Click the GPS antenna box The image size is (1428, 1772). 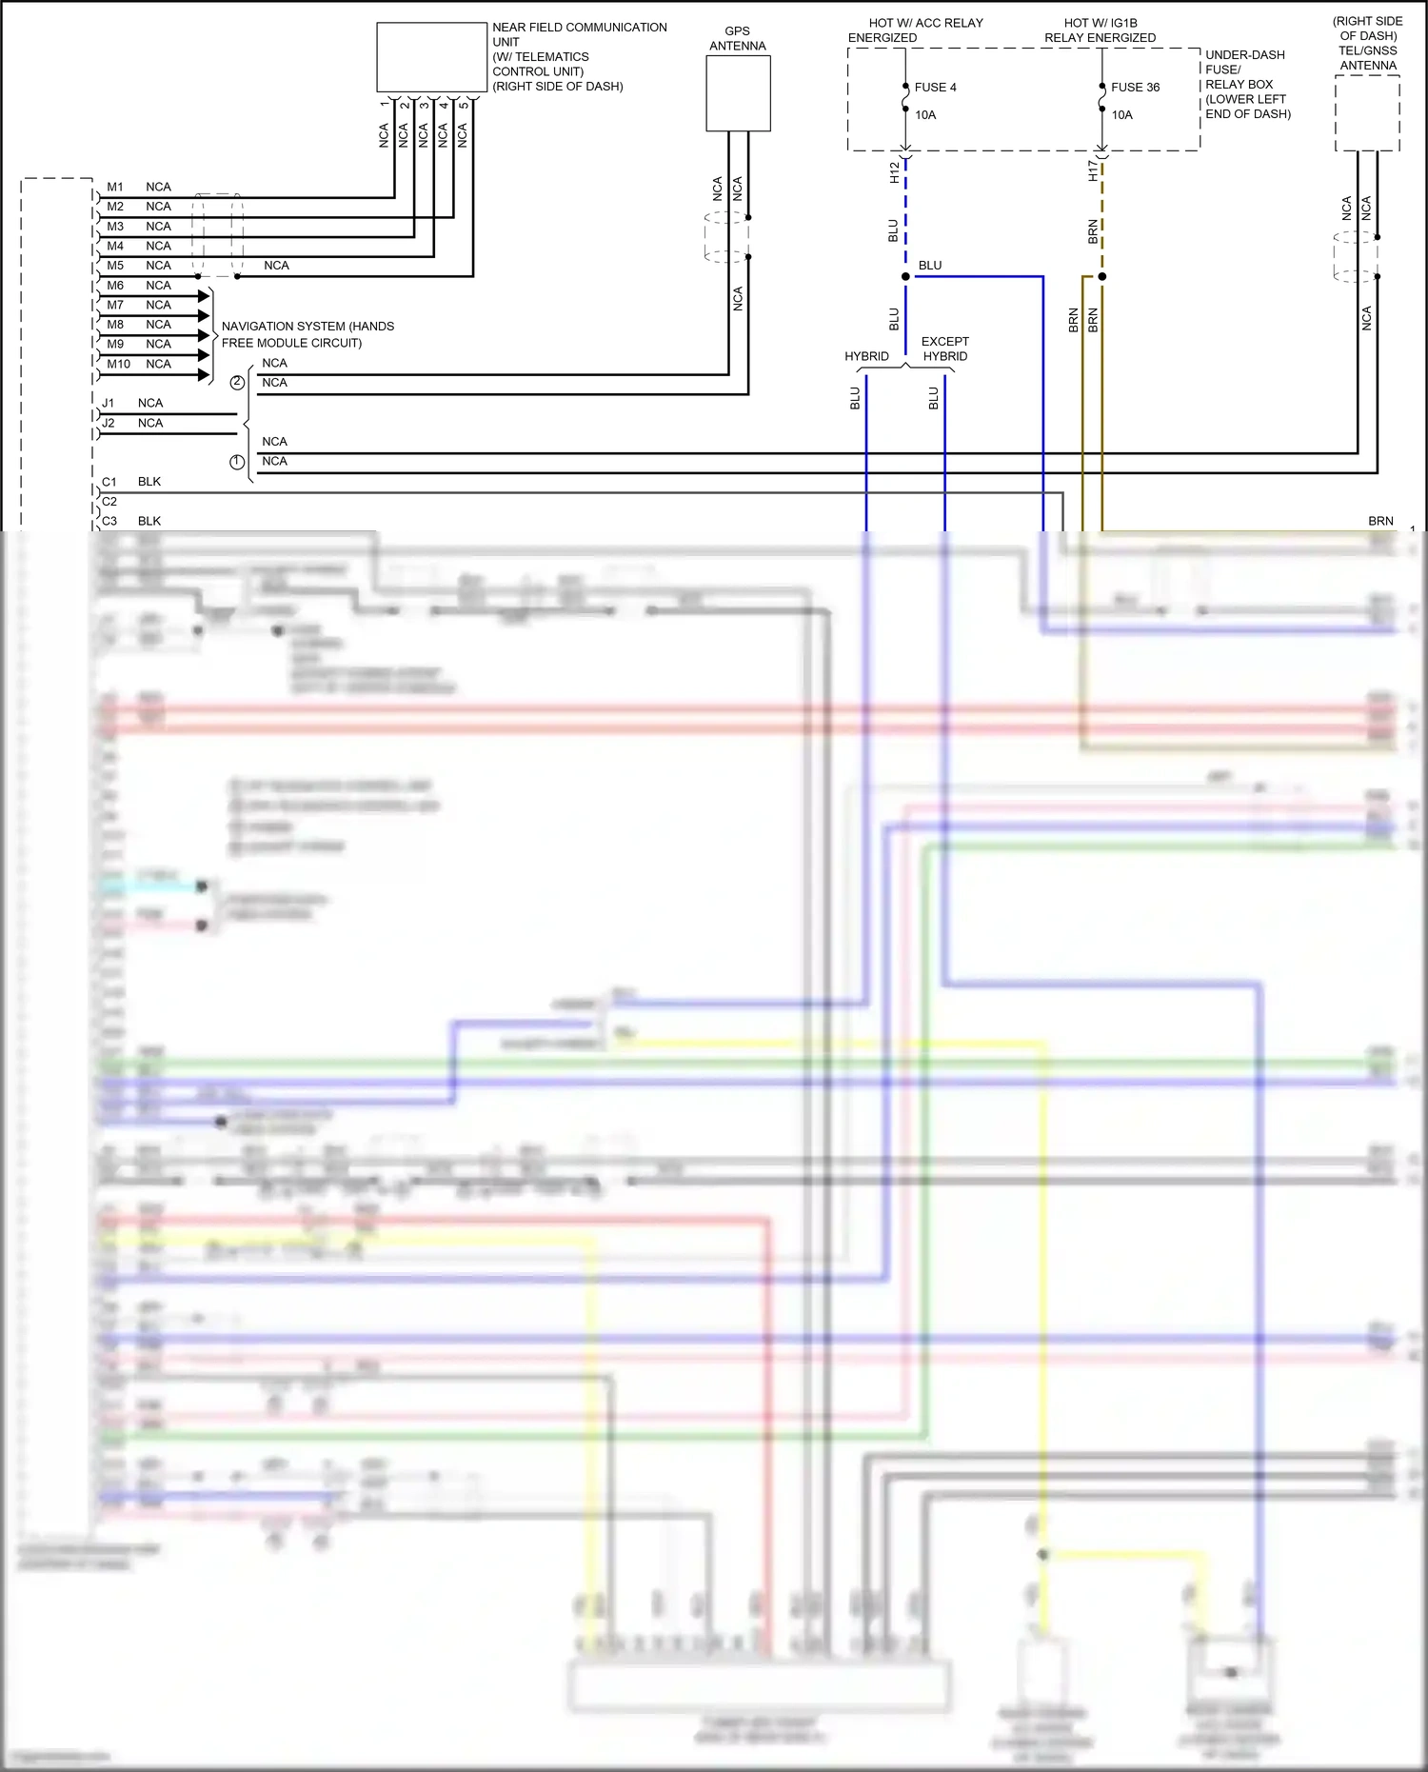(738, 93)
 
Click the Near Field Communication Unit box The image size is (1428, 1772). (431, 57)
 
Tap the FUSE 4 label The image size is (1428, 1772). (935, 88)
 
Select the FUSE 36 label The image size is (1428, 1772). (1135, 88)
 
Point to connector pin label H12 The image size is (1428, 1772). (894, 172)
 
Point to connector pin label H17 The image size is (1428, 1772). (1092, 171)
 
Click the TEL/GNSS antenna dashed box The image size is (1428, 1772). (1367, 113)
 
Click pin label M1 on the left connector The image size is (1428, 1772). (115, 188)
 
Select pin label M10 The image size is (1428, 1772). (118, 365)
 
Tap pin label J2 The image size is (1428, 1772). (109, 424)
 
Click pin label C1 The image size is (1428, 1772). (109, 483)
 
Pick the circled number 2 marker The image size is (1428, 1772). (237, 383)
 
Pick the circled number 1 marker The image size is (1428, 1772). (237, 462)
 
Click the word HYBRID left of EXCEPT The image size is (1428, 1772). (866, 357)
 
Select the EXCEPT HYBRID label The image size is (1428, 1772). (945, 349)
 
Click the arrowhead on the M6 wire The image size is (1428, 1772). (204, 296)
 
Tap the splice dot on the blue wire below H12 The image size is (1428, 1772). (905, 277)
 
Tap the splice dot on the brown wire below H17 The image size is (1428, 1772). (1102, 277)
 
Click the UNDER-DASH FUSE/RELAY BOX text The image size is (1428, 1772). (1247, 85)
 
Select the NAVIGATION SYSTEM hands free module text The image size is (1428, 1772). (307, 335)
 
